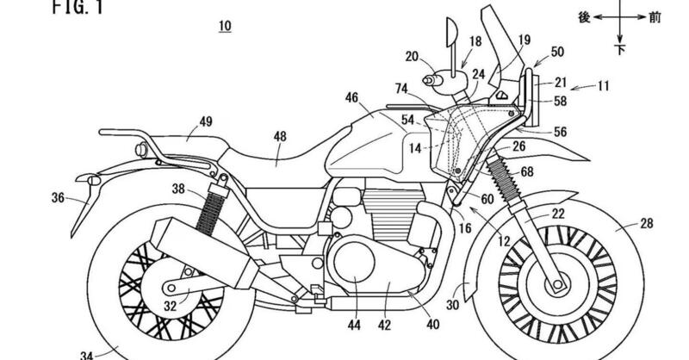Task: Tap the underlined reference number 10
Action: point(224,28)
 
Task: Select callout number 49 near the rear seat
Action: point(206,121)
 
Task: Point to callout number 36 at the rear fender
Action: point(58,197)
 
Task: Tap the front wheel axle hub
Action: point(558,282)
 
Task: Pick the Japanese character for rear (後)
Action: point(582,16)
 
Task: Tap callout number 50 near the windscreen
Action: point(556,52)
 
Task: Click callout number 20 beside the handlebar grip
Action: point(412,58)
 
